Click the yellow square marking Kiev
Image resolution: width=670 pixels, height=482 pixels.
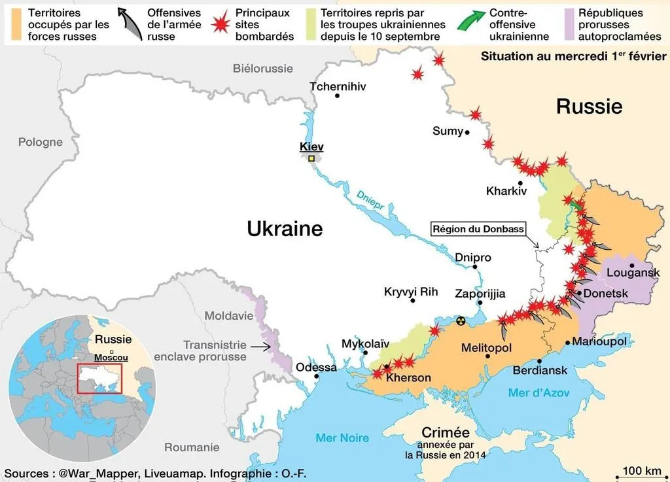[x=311, y=158]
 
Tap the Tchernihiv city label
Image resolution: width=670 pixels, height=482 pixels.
[x=337, y=86]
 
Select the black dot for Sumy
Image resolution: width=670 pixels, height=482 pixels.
[x=467, y=132]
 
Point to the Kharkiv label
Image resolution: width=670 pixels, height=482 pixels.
[x=506, y=192]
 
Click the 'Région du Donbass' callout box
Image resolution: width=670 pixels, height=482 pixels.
[x=478, y=229]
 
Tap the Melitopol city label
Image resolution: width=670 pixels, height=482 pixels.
[x=486, y=347]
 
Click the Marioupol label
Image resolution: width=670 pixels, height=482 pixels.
[x=599, y=341]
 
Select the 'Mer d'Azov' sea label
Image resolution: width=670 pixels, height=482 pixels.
[x=538, y=392]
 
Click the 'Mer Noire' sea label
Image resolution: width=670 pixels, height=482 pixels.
[x=342, y=438]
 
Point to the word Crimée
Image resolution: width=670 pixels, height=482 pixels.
[x=446, y=432]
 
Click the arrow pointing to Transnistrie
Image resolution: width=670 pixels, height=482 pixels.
[x=262, y=347]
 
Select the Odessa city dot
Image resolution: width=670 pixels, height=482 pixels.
[x=317, y=376]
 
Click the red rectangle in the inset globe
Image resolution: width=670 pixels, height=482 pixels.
[x=99, y=378]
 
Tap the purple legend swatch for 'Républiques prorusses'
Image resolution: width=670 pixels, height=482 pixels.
[x=569, y=24]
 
